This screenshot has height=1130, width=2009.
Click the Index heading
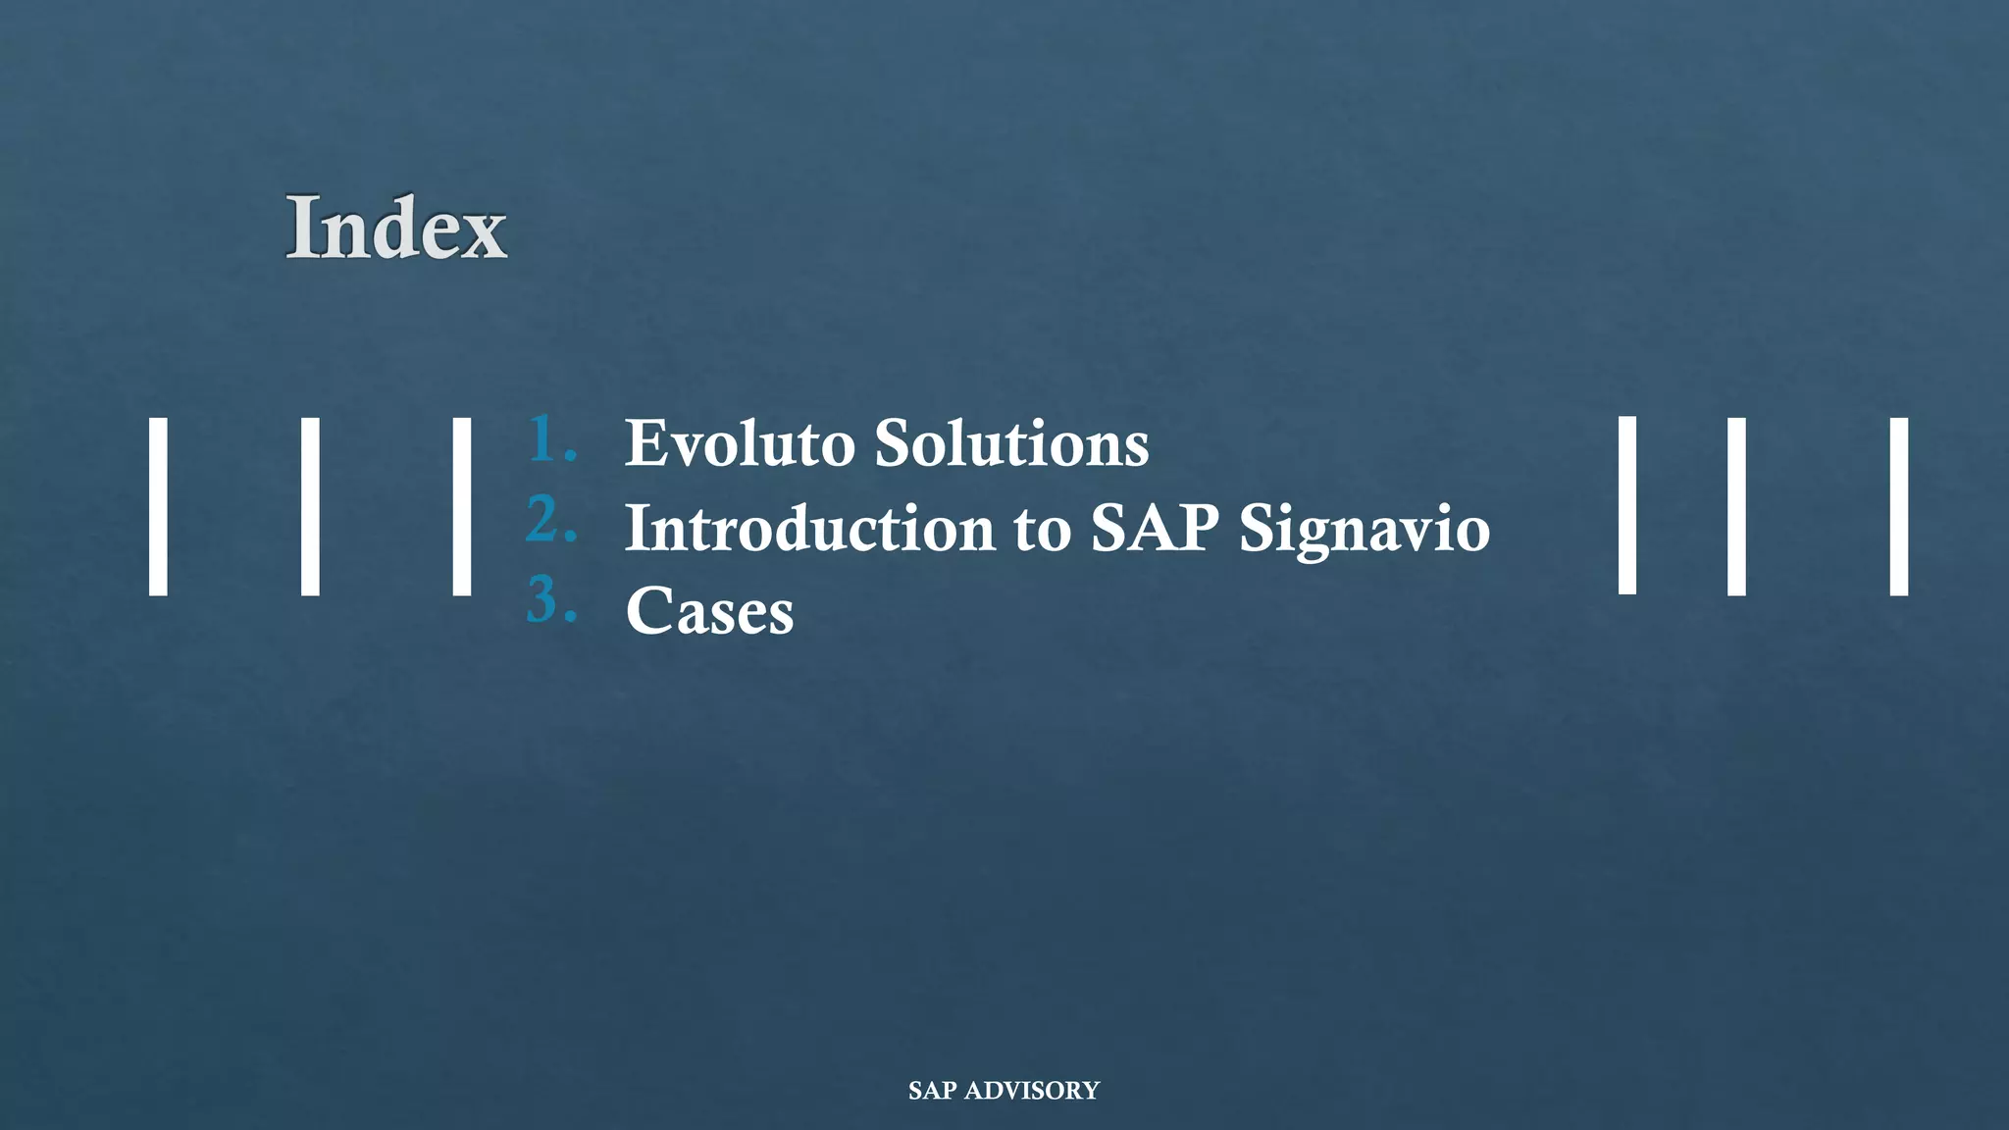[396, 228]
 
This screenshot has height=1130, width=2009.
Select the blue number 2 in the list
[549, 520]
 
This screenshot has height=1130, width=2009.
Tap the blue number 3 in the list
[549, 600]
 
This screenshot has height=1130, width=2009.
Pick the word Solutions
[1011, 443]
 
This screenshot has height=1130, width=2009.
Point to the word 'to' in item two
[1042, 530]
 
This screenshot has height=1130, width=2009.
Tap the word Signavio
[1365, 531]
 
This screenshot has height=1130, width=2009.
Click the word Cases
[709, 612]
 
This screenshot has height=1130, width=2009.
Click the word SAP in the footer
[932, 1091]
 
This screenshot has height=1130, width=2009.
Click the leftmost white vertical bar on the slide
[158, 506]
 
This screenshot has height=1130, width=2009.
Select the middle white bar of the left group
[310, 506]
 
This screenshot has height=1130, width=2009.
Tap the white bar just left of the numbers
[461, 506]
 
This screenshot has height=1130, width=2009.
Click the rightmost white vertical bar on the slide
[1898, 506]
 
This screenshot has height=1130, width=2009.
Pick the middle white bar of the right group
[1736, 506]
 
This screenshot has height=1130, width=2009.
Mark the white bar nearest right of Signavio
[1626, 505]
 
